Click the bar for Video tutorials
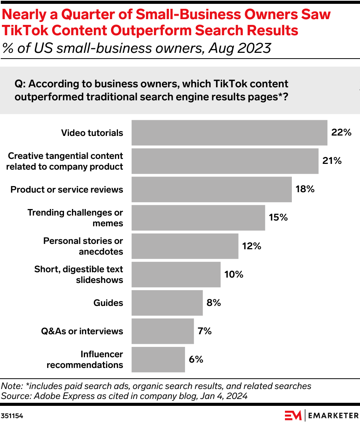[x=229, y=133]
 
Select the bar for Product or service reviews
[x=211, y=190]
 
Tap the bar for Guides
[x=167, y=303]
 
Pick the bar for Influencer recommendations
[x=158, y=360]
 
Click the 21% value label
[x=332, y=161]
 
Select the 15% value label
[x=278, y=217]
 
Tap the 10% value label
[x=234, y=274]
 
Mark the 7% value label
[x=205, y=331]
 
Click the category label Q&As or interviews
[x=82, y=331]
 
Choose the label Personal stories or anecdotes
[x=83, y=246]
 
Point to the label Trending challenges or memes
[x=75, y=218]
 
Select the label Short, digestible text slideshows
[x=79, y=275]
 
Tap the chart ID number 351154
[x=12, y=416]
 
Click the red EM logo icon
[x=293, y=415]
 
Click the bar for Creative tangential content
[x=225, y=161]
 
